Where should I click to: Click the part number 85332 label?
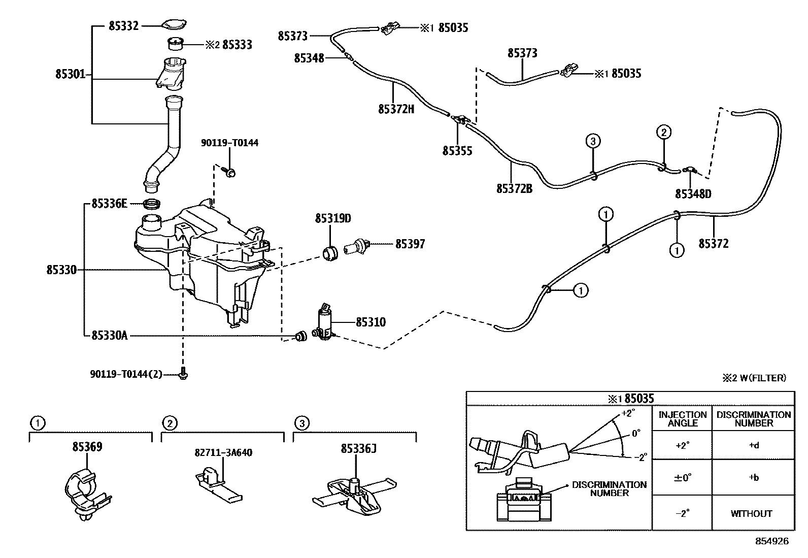click(x=123, y=25)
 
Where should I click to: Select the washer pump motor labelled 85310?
click(x=324, y=323)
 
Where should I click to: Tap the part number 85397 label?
click(x=410, y=244)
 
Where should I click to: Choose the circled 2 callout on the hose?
click(x=663, y=133)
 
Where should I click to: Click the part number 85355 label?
click(x=457, y=151)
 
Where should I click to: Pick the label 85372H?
click(x=396, y=109)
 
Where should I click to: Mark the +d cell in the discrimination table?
click(x=753, y=446)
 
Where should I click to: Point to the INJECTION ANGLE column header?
click(x=682, y=418)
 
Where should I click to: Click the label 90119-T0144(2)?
click(x=126, y=374)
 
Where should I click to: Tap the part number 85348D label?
click(x=693, y=193)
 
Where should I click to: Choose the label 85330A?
click(x=110, y=335)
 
